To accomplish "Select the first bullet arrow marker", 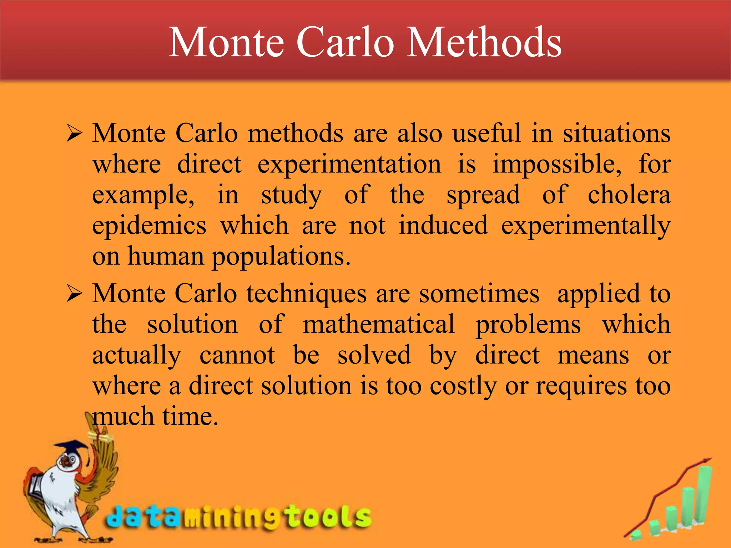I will click(x=74, y=135).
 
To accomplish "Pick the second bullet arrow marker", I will click(x=74, y=295).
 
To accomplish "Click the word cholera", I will click(x=629, y=196).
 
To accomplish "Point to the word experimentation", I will click(x=349, y=165).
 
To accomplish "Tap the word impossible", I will click(x=557, y=165).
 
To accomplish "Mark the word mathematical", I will click(x=379, y=325).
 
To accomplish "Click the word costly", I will click(x=463, y=387).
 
